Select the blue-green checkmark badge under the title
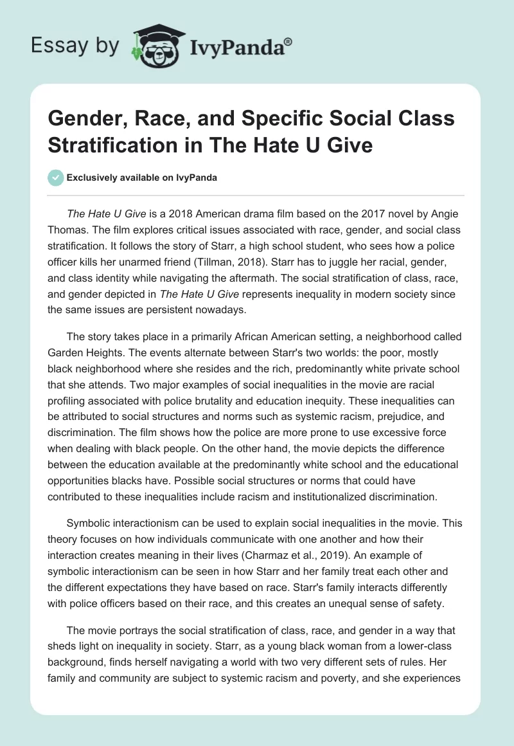(56, 177)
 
